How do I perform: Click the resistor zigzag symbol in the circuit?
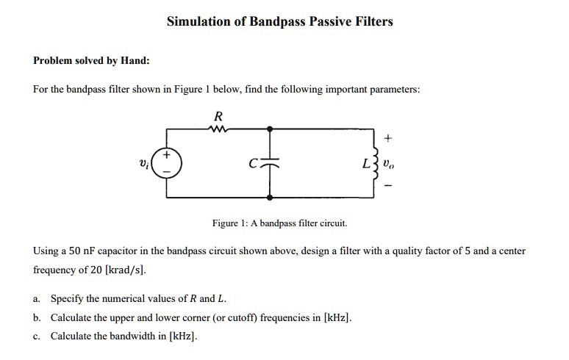(218, 129)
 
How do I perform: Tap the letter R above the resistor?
(218, 116)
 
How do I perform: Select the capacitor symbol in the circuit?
(270, 163)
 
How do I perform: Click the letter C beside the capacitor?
(254, 164)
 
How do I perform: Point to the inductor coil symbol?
(376, 163)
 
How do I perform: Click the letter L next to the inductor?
(367, 164)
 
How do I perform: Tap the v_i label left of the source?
(144, 165)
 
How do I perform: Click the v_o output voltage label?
(389, 165)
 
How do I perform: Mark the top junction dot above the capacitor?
(270, 129)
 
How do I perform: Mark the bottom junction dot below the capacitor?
(270, 197)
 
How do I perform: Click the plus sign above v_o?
(388, 138)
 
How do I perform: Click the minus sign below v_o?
(388, 186)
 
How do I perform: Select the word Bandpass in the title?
(277, 22)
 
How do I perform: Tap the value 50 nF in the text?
(82, 251)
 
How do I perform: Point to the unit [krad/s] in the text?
(125, 270)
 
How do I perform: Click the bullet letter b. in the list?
(37, 317)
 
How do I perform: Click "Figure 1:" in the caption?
(229, 223)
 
